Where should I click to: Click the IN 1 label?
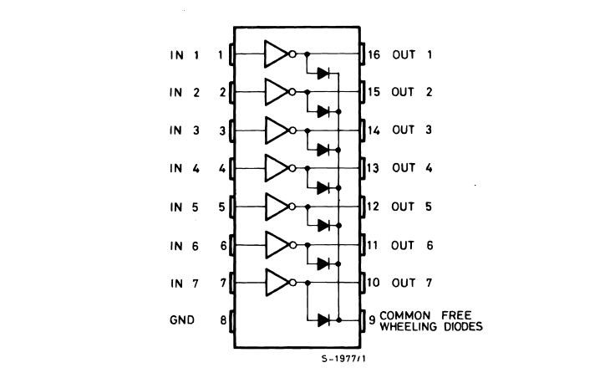coord(185,55)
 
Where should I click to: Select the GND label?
coord(181,319)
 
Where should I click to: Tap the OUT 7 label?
coord(411,283)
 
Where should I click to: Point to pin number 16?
coord(374,55)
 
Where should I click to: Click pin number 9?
coord(371,319)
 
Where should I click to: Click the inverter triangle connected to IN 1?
coord(275,55)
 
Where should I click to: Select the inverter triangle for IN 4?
coord(275,168)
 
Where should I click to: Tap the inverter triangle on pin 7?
coord(275,283)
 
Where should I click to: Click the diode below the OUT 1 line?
coord(323,74)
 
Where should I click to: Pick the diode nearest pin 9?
coord(323,319)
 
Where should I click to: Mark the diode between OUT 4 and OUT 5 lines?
coord(323,187)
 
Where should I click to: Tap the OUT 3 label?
coord(411,130)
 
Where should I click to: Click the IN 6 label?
coord(185,245)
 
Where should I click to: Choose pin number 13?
coord(374,168)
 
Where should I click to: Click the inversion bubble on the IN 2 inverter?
coord(292,93)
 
